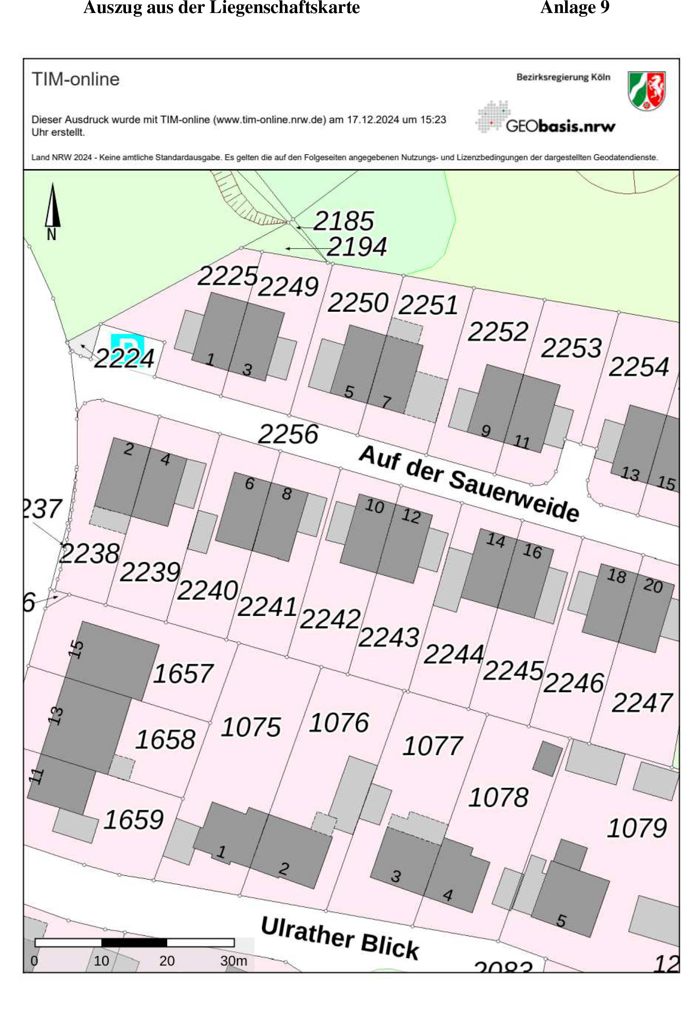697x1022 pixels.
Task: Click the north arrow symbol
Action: (x=52, y=206)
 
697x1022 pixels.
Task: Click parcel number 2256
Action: (x=288, y=434)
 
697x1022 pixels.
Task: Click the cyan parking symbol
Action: (x=127, y=347)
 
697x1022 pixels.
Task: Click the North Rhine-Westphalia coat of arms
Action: (x=646, y=91)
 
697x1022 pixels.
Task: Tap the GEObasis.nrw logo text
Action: (x=560, y=126)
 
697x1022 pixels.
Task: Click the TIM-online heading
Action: (x=76, y=80)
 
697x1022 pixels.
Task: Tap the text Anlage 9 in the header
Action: (x=574, y=7)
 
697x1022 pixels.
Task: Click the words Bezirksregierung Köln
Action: (x=563, y=77)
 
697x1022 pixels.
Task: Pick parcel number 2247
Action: (x=642, y=702)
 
